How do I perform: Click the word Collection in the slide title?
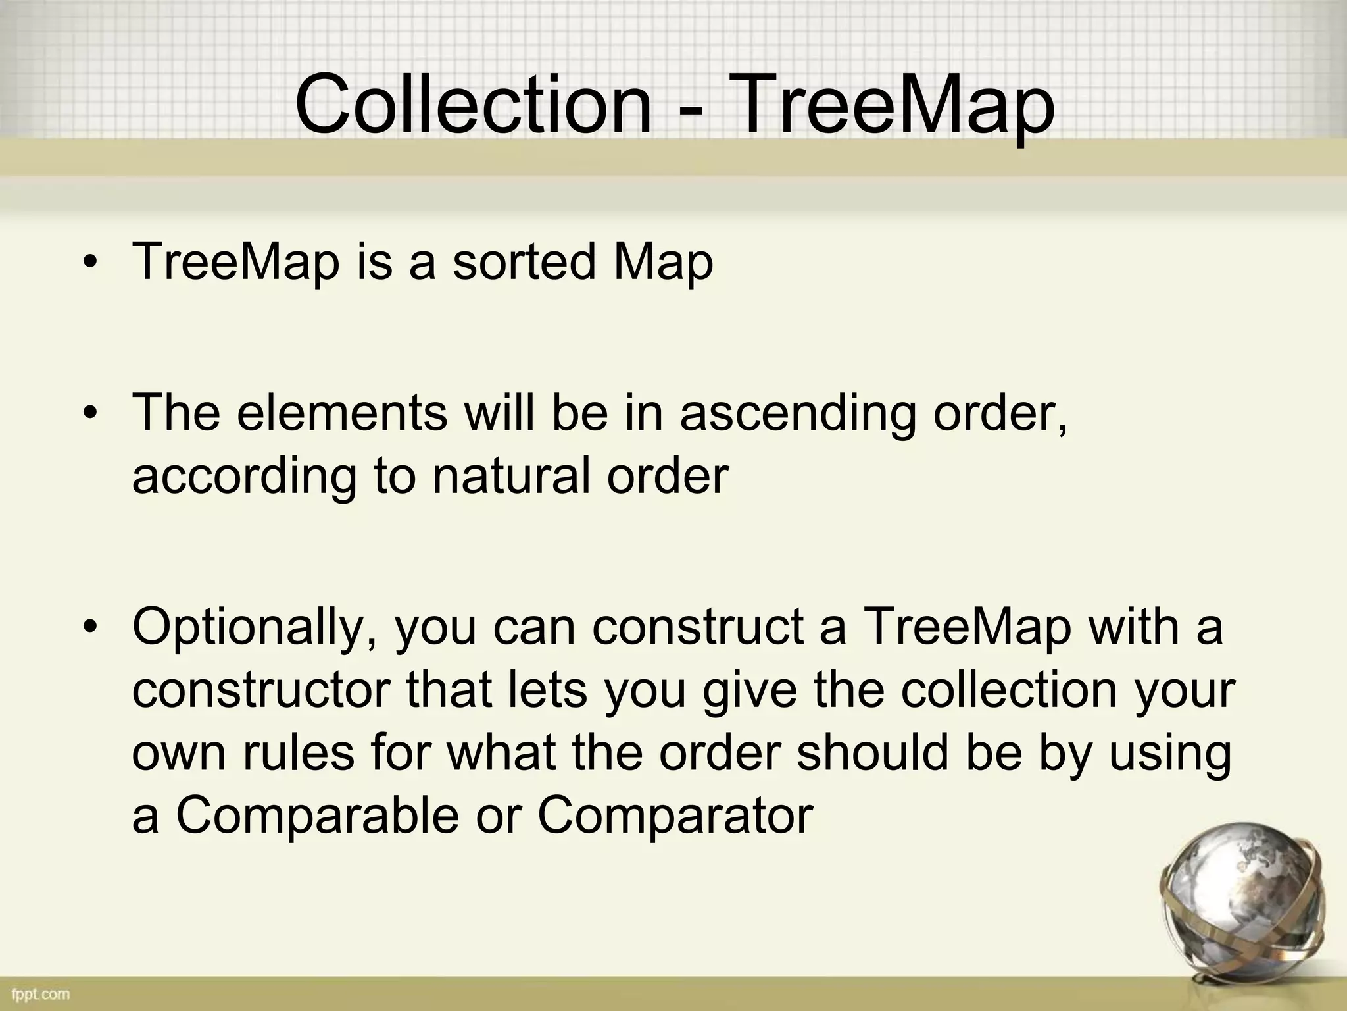pyautogui.click(x=472, y=105)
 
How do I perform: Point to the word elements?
pyautogui.click(x=341, y=412)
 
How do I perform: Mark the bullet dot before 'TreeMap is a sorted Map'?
pyautogui.click(x=89, y=263)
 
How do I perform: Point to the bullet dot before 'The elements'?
pyautogui.click(x=89, y=414)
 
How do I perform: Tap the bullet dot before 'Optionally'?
pyautogui.click(x=89, y=627)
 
